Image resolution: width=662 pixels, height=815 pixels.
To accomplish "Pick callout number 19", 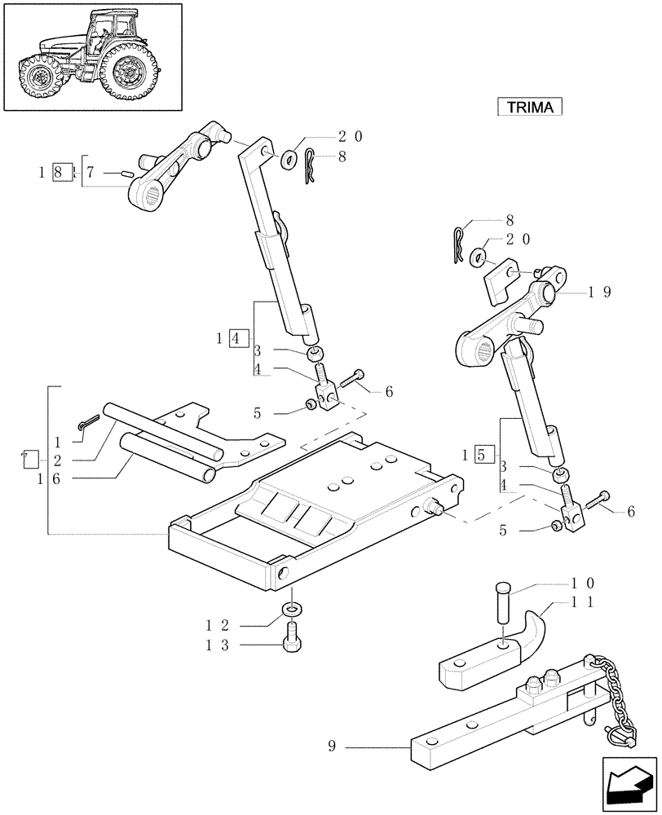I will tap(602, 291).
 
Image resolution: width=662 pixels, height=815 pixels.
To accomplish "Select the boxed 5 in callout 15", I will tap(482, 454).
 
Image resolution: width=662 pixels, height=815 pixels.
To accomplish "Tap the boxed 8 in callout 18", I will tap(56, 173).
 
